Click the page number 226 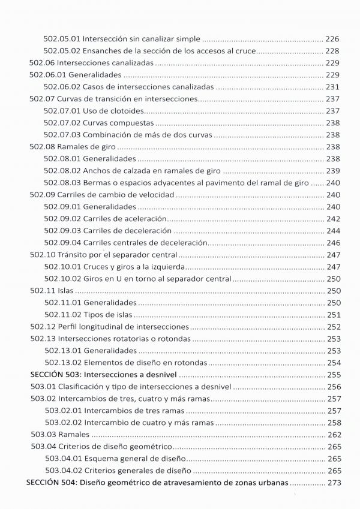(332, 38)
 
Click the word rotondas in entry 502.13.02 (190, 363)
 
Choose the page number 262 (332, 435)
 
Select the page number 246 (332, 243)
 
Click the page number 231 (332, 87)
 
